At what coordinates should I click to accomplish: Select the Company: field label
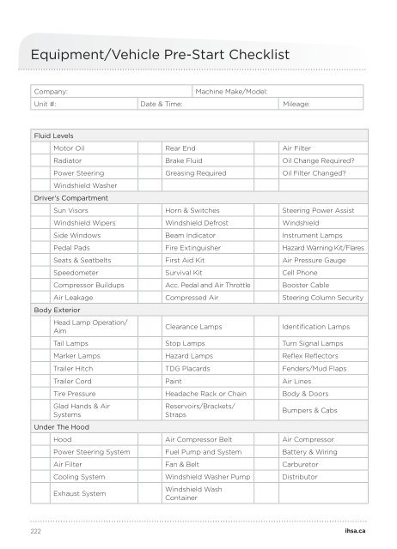point(51,91)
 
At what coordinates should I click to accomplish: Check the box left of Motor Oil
point(40,148)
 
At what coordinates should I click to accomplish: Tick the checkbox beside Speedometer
point(40,272)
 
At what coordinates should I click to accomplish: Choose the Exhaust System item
point(75,494)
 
